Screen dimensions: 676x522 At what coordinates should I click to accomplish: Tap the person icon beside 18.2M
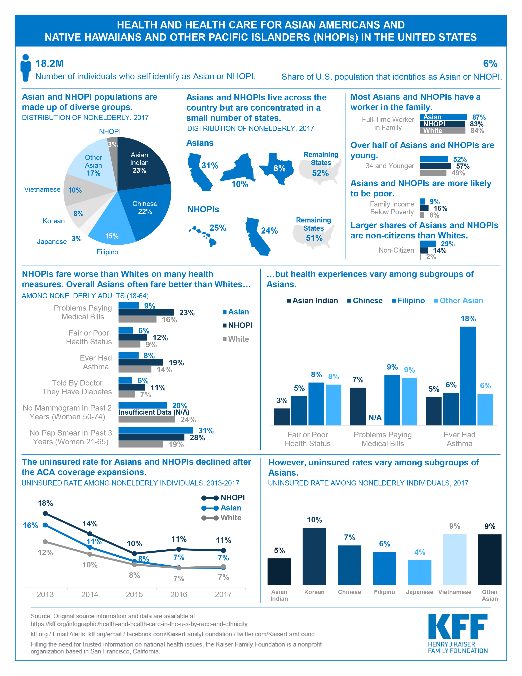(x=26, y=68)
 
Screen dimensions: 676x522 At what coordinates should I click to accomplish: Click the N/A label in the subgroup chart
(x=375, y=417)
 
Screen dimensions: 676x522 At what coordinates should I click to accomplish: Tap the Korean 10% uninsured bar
(x=314, y=556)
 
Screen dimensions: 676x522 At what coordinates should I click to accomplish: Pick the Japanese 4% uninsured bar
(x=419, y=573)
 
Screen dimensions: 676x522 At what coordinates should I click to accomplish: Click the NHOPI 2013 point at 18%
(x=45, y=513)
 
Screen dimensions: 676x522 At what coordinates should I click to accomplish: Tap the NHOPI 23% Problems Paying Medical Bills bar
(x=146, y=313)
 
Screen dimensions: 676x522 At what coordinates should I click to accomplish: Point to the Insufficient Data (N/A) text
(x=154, y=412)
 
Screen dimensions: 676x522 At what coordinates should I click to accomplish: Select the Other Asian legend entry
(x=459, y=301)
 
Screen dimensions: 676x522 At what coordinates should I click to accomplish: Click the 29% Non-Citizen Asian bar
(x=428, y=244)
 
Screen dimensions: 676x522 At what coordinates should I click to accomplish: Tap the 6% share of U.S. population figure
(x=490, y=64)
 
